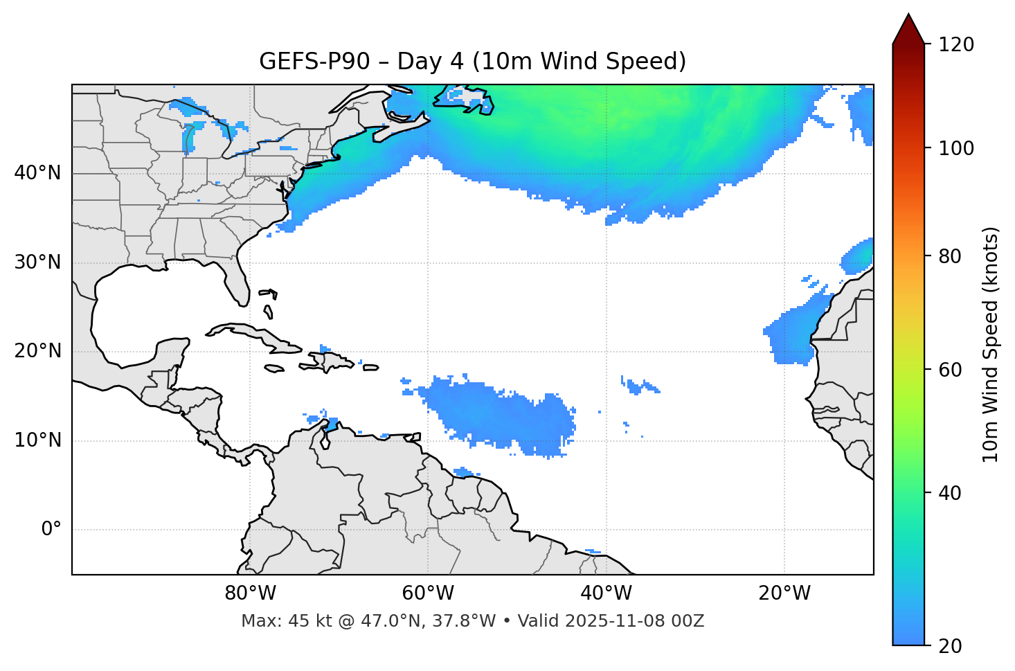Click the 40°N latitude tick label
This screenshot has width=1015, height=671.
click(x=37, y=173)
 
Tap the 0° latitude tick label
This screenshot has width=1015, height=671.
click(x=51, y=530)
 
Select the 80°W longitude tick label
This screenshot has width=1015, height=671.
click(x=250, y=593)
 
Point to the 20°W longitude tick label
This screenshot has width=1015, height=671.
click(x=784, y=593)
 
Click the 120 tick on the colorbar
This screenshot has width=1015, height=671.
click(x=956, y=45)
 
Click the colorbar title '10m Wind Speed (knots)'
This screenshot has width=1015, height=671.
click(x=991, y=344)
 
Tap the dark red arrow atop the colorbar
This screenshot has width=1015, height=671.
click(x=908, y=30)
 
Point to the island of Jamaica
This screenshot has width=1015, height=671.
click(x=274, y=368)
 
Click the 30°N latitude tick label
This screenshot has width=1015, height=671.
click(x=37, y=262)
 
